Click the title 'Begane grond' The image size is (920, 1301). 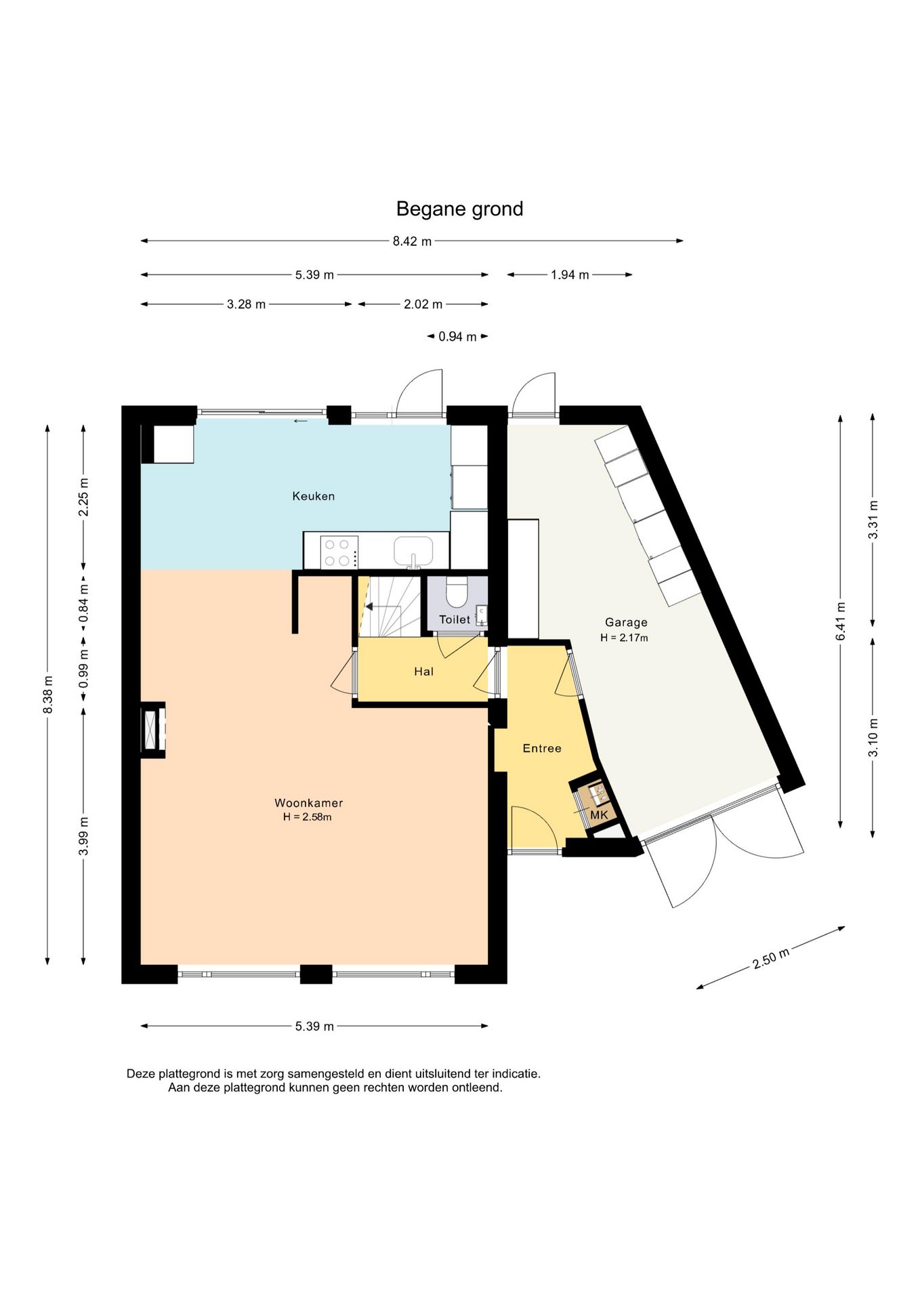459,209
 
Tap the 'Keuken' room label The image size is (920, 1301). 314,496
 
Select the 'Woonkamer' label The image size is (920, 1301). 308,803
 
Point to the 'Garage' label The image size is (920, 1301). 626,622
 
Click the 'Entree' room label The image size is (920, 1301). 542,748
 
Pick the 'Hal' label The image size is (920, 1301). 423,672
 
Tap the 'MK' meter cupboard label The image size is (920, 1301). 599,814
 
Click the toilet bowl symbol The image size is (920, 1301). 457,592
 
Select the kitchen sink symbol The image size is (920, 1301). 413,552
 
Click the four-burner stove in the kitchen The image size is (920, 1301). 337,552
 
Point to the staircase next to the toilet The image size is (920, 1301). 390,606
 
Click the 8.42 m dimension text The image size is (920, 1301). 412,241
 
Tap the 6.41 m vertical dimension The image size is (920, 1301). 841,621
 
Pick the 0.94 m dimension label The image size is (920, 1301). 457,337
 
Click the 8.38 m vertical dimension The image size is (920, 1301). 47,695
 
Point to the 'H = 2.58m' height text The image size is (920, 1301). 308,817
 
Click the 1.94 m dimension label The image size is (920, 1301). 570,275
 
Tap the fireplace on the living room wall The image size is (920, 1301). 153,729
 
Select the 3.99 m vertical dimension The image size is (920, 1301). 83,836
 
